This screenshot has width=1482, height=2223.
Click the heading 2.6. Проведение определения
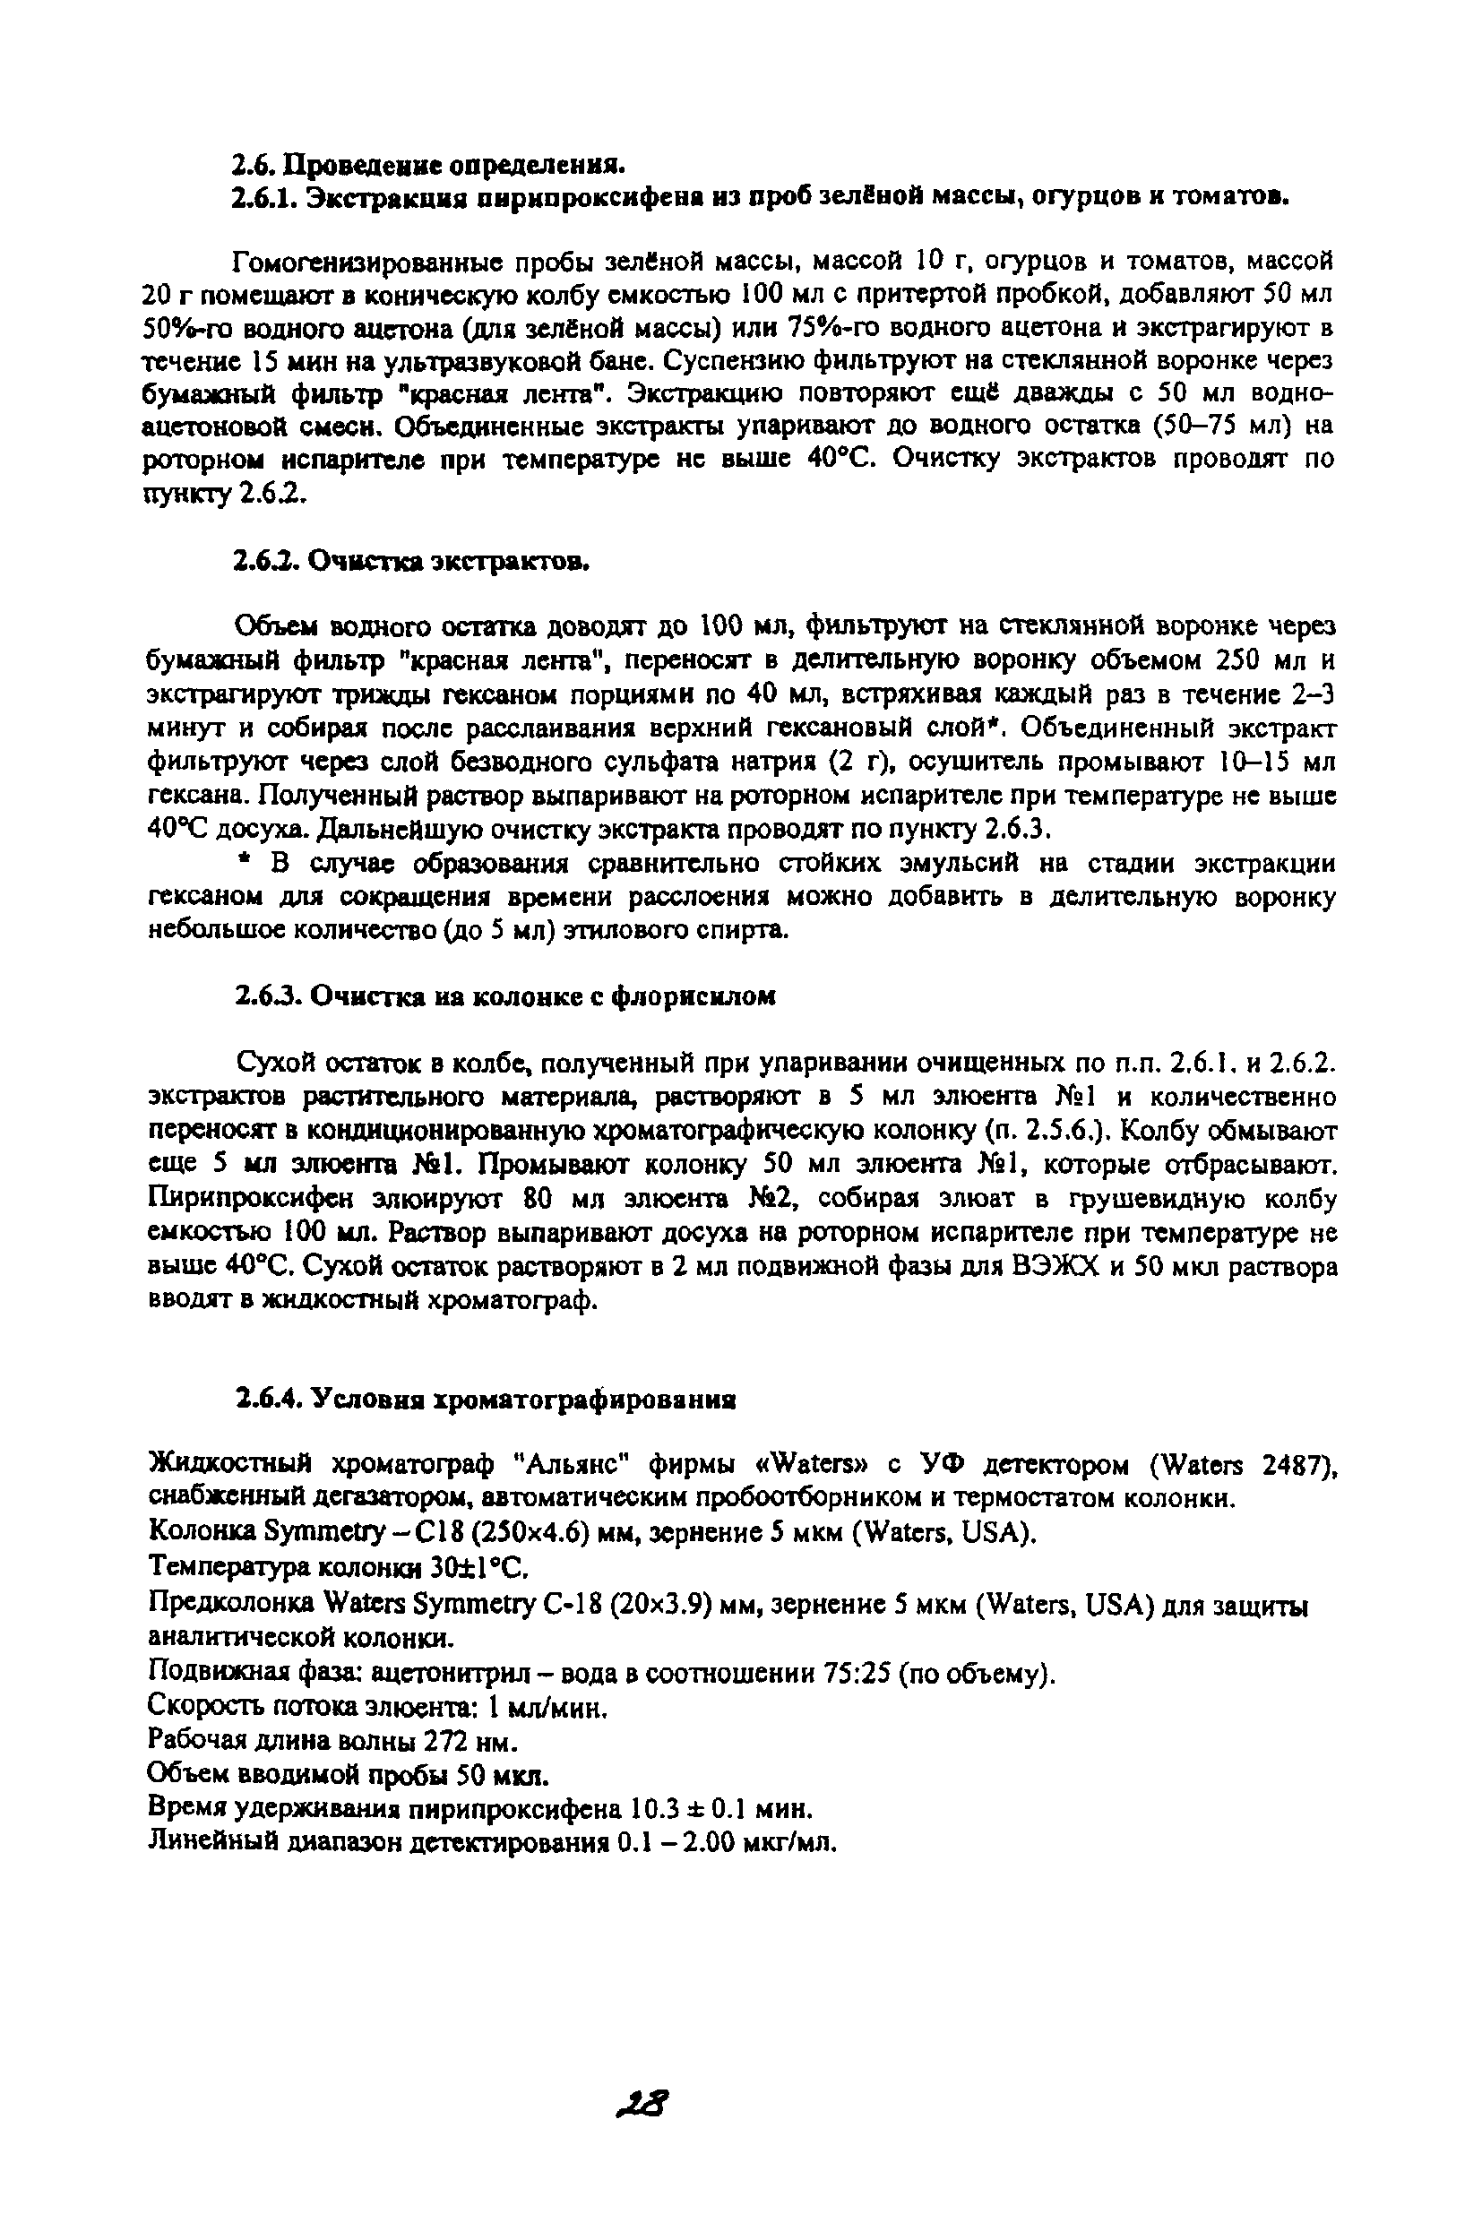pos(429,167)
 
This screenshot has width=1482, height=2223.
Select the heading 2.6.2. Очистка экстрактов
pos(412,562)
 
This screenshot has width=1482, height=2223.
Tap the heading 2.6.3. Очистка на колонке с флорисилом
pos(505,996)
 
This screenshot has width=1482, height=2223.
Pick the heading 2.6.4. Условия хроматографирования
pos(486,1399)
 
